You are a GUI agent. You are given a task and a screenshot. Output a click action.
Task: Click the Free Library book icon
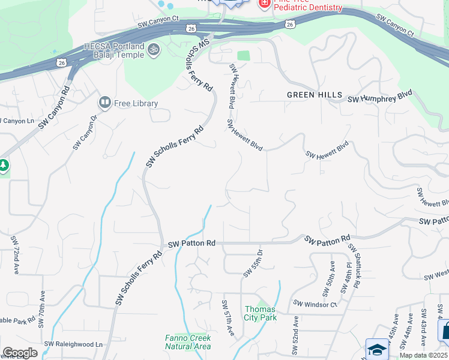point(106,103)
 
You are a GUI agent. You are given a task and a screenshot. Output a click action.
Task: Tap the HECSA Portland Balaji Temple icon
point(154,50)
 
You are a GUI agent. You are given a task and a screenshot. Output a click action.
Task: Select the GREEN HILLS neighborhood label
point(314,95)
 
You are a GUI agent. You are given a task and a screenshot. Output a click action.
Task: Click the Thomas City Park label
point(261,313)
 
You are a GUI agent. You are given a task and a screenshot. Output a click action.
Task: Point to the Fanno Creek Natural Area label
point(188,342)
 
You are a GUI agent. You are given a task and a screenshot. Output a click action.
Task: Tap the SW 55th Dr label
point(253,264)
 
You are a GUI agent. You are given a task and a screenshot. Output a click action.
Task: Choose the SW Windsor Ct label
point(316,305)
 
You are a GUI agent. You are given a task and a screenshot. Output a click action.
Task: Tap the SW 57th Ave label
point(228,317)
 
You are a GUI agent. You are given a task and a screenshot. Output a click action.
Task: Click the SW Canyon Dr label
point(85,133)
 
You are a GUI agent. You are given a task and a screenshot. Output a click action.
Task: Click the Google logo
point(19,353)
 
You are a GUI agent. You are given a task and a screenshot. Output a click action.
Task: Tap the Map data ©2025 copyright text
point(423,355)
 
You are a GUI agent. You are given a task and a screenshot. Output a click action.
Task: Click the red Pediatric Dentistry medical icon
point(263,4)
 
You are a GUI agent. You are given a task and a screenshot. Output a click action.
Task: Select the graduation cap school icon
point(376,349)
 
